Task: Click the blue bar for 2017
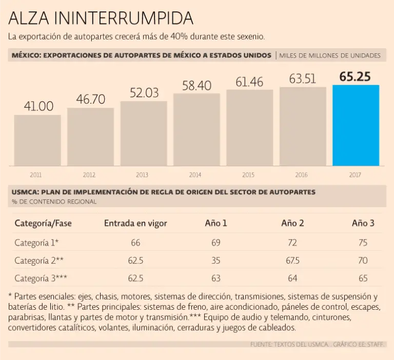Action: tap(356, 125)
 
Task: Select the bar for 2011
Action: tap(37, 140)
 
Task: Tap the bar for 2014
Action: tap(196, 129)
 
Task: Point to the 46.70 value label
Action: tap(91, 99)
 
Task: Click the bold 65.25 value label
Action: tap(356, 77)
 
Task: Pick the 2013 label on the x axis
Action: tap(142, 175)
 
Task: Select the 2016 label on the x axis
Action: tap(302, 175)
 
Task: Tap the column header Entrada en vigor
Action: tap(135, 223)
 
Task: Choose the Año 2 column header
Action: tap(292, 223)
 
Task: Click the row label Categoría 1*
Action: tap(36, 243)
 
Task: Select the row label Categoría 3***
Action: tap(41, 278)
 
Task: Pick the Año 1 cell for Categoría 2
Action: tap(216, 261)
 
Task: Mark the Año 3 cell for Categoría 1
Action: tap(363, 243)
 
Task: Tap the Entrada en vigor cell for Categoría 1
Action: tap(135, 243)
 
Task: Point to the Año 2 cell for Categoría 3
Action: tap(292, 278)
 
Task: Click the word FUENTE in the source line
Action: tap(261, 344)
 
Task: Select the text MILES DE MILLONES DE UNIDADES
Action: tap(330, 55)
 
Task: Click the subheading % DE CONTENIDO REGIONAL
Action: tap(54, 202)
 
